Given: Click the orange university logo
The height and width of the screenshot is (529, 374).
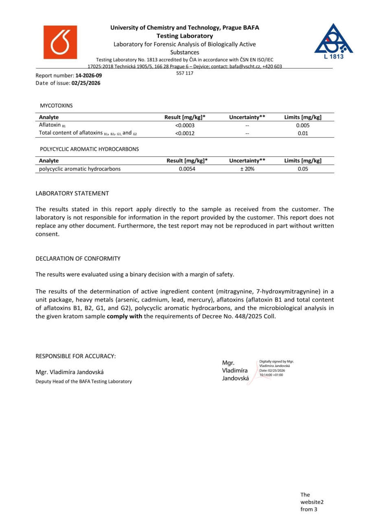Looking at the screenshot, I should click(60, 42).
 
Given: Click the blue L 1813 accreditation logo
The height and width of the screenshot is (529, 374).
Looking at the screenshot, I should click(333, 41).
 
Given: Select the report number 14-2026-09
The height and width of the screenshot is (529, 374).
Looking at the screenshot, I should click(89, 76).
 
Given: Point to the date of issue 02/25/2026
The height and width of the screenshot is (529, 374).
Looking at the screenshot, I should click(86, 83).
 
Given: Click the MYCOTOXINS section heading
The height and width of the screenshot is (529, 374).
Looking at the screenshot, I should click(56, 105).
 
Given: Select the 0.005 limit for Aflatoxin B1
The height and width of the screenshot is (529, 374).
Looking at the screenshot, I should click(303, 125).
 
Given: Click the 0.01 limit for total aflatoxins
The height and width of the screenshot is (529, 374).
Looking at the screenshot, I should click(303, 133).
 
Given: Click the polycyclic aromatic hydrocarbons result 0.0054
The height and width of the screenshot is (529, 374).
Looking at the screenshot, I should click(187, 169).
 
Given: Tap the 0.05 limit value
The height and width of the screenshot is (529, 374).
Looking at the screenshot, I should click(303, 169).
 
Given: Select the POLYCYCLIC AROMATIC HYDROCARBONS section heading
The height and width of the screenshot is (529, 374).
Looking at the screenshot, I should click(89, 149).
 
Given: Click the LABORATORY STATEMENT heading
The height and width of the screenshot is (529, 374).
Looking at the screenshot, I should click(72, 193).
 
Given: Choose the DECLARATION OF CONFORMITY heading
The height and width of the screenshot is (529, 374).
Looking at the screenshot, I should click(78, 258).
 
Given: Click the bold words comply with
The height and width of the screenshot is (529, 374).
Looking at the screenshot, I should click(124, 316).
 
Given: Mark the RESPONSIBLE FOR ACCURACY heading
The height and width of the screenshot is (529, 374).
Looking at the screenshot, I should click(76, 356).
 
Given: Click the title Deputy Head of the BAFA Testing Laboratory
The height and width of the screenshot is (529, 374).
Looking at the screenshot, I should click(83, 381).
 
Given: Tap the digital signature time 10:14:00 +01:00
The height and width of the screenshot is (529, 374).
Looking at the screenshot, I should click(271, 375).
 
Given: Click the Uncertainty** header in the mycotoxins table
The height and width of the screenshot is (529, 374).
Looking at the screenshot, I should click(247, 117).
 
